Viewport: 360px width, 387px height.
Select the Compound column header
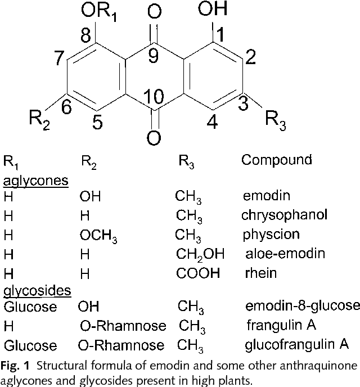pos(276,160)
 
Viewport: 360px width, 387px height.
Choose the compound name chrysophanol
pos(283,215)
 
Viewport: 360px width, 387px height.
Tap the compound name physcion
pos(271,234)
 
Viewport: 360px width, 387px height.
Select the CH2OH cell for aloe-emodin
pos(200,254)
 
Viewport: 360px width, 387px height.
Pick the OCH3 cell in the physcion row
pos(98,236)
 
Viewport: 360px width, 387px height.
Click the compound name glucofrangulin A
pos(298,344)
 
